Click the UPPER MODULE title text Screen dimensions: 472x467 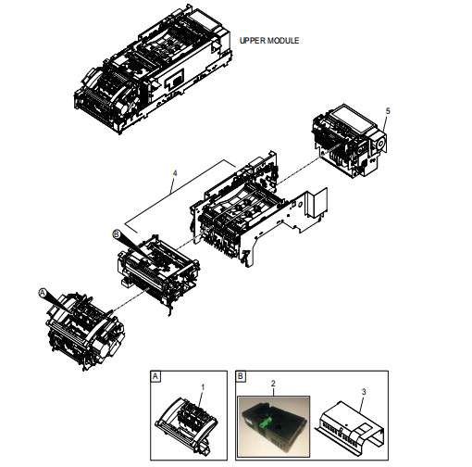[x=269, y=41]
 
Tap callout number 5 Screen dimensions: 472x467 [x=388, y=111]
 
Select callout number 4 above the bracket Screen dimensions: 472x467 [x=175, y=173]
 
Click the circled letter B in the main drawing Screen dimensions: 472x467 [x=117, y=234]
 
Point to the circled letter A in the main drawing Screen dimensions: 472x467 [x=43, y=293]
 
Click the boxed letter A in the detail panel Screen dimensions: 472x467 [x=155, y=376]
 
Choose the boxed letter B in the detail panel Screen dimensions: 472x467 [x=241, y=376]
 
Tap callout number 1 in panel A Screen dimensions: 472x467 [x=203, y=387]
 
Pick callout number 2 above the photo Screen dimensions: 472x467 [x=273, y=384]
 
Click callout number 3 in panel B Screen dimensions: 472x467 [x=364, y=392]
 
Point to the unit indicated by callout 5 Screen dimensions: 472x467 [x=349, y=141]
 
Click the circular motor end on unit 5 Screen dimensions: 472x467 [x=380, y=143]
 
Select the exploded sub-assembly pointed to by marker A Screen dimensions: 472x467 [x=85, y=331]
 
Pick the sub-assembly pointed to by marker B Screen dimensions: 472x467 [x=158, y=271]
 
